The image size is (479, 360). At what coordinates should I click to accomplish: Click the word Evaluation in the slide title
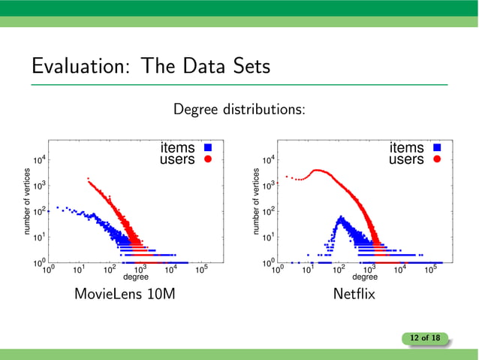(x=75, y=66)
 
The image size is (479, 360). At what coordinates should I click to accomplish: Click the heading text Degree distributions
(x=239, y=110)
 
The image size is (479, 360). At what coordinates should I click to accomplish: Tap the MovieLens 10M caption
(x=125, y=294)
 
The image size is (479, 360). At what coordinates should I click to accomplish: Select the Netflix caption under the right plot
(x=354, y=294)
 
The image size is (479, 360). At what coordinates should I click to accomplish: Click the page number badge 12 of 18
(x=425, y=339)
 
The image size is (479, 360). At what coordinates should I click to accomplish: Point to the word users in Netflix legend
(x=406, y=159)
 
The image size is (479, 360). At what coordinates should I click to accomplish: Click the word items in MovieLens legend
(x=177, y=148)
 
